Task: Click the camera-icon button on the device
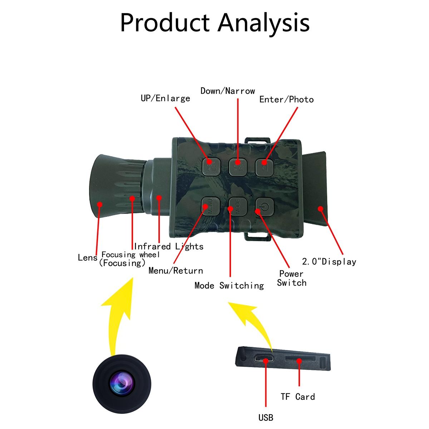click(264, 167)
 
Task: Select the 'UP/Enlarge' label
click(165, 98)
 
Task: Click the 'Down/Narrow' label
click(228, 91)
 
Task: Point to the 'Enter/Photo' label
click(286, 99)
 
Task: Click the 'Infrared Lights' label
click(169, 246)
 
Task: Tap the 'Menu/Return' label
click(176, 271)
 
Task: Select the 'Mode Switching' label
click(229, 285)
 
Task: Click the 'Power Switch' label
click(292, 278)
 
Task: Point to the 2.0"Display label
click(329, 262)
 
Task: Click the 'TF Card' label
click(298, 396)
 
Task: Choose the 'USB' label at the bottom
click(266, 417)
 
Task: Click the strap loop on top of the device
click(257, 139)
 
